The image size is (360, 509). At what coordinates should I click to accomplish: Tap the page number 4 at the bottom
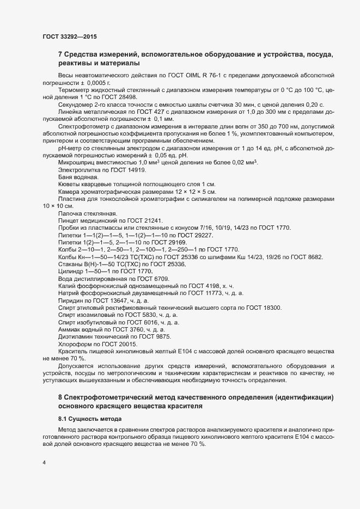(x=44, y=463)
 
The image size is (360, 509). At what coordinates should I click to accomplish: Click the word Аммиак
(x=70, y=329)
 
